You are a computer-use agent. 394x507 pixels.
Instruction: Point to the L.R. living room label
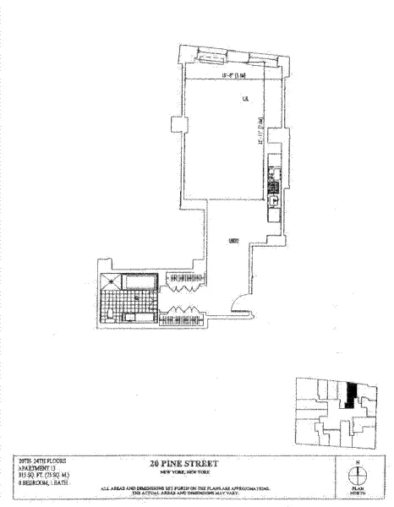244,100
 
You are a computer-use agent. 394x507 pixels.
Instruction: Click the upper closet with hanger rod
185,277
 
